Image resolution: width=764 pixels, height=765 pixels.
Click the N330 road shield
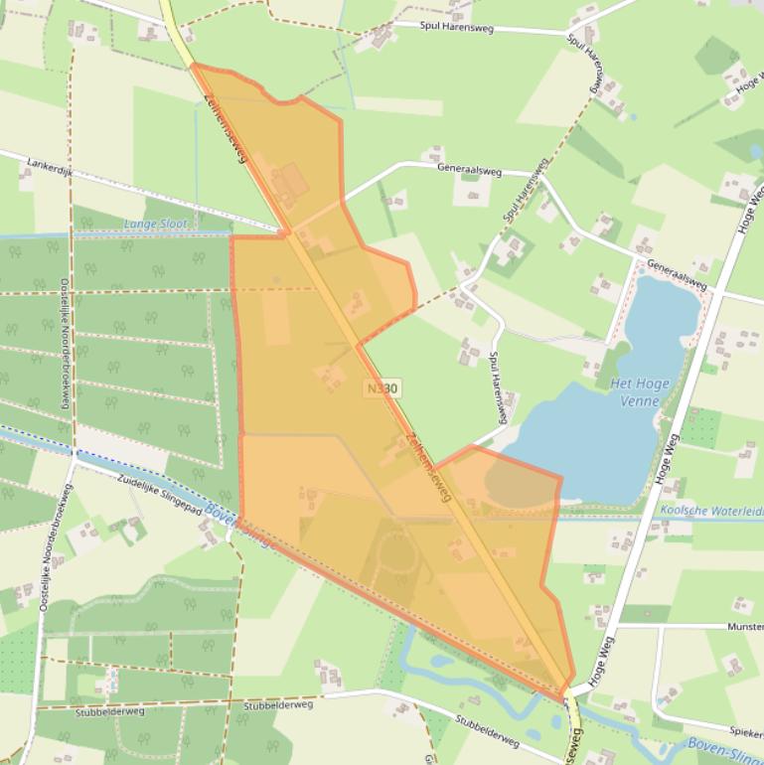(382, 388)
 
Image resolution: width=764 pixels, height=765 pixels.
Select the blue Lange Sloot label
(156, 225)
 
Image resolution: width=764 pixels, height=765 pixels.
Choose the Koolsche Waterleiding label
(711, 511)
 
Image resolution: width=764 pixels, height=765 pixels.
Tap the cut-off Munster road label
(745, 627)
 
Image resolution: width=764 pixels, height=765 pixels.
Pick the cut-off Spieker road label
(746, 731)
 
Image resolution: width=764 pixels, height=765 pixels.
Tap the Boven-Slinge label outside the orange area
(724, 748)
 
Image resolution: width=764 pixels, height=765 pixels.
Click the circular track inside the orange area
(397, 553)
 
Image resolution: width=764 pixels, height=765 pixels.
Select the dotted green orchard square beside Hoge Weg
(700, 428)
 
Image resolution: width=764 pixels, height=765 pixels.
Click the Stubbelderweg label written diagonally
(488, 731)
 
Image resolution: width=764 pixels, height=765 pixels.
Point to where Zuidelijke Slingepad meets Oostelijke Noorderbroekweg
(74, 457)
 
